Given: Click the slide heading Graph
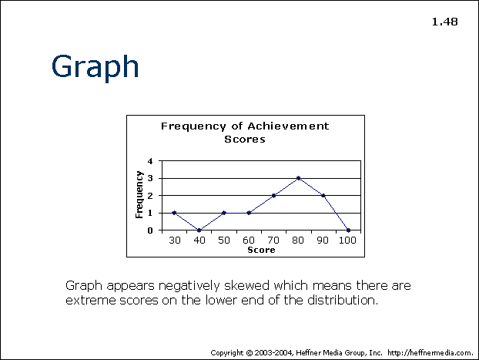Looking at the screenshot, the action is pos(95,67).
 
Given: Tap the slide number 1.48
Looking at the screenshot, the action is pos(445,22).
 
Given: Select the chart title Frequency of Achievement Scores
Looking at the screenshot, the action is pos(245,133).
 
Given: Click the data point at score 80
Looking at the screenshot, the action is pos(299,178).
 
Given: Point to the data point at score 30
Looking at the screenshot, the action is pos(174,213).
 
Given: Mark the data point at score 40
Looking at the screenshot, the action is pos(199,230).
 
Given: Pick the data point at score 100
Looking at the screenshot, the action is pos(348,230).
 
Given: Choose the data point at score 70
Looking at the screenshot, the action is pos(273,196).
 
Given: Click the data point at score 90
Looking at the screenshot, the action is pos(323,196).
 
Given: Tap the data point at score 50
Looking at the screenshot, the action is pos(224,213).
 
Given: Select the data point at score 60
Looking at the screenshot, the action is pos(249,213).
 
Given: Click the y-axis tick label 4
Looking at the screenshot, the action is pos(150,161).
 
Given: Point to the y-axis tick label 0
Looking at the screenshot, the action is pos(150,230).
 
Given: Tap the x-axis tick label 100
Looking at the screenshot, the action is pos(347,241).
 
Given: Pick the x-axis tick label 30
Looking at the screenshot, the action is pos(175,241).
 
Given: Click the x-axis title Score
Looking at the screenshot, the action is pos(261,250).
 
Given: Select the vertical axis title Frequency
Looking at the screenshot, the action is pos(139,194).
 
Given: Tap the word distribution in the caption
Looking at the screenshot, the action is pos(343,300).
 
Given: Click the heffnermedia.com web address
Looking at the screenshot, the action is pos(430,353).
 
